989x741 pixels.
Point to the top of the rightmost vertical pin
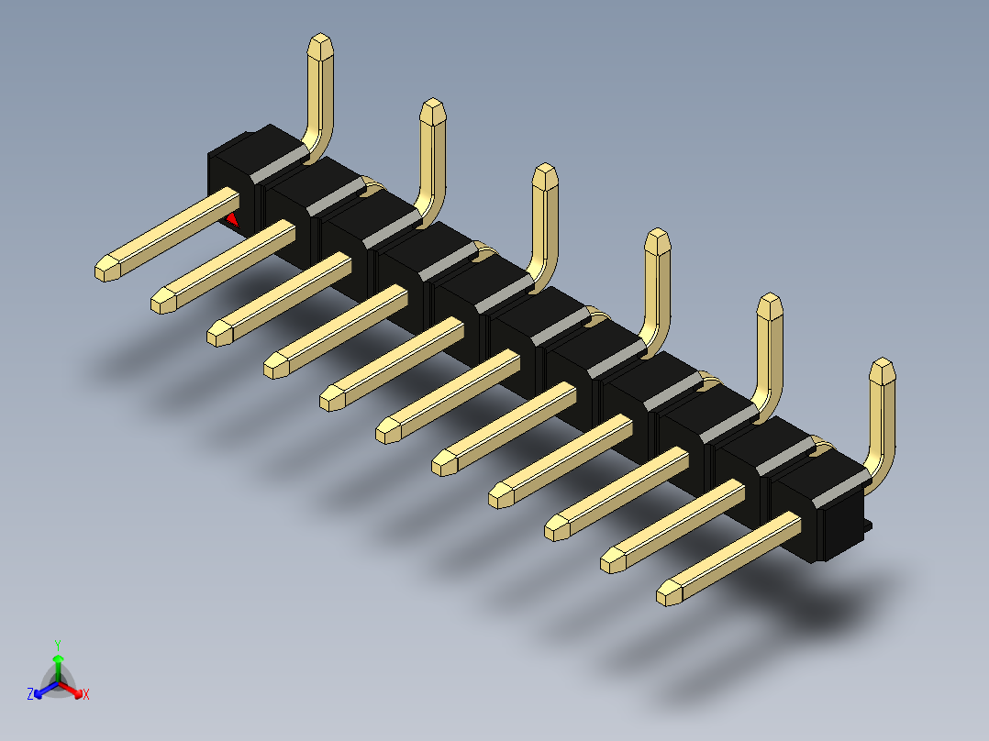point(883,369)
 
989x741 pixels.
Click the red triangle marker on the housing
point(232,219)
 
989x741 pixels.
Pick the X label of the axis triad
point(86,695)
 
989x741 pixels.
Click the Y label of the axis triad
point(58,644)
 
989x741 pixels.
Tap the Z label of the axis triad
point(30,694)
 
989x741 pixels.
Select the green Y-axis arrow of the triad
point(58,664)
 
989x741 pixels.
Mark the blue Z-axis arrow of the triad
point(42,691)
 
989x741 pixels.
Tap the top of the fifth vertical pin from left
point(770,304)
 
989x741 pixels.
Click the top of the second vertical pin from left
point(432,109)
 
